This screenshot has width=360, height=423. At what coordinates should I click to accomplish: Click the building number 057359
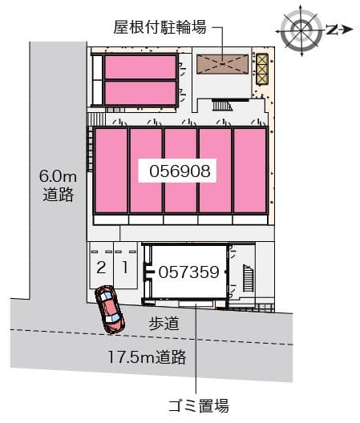click(x=188, y=272)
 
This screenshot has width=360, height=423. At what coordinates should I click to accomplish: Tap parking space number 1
click(x=124, y=266)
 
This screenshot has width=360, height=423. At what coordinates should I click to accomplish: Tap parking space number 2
click(x=101, y=266)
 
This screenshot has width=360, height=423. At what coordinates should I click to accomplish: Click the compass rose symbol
click(x=302, y=30)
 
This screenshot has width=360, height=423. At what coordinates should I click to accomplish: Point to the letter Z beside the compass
click(x=332, y=30)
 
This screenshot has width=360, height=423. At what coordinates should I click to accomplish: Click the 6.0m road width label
click(x=57, y=183)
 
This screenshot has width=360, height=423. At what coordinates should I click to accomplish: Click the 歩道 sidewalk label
click(x=163, y=324)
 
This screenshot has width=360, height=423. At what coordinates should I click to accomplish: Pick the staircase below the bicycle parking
click(x=222, y=104)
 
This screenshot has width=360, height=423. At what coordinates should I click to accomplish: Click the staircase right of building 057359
click(x=247, y=280)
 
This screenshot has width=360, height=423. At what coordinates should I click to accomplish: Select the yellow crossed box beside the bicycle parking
click(x=261, y=69)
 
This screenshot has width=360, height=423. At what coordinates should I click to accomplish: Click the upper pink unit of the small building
click(x=140, y=66)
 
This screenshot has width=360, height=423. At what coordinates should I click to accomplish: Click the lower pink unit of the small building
click(x=140, y=93)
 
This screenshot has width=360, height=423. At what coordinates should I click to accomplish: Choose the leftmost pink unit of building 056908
click(x=111, y=170)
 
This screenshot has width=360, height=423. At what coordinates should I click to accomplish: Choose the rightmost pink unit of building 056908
click(x=250, y=170)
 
